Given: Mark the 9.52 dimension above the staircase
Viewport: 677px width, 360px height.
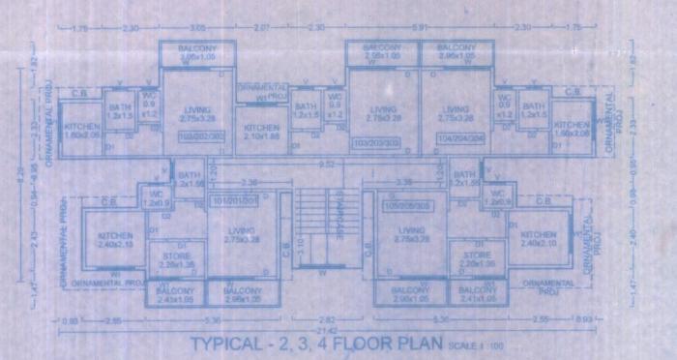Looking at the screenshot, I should tap(327, 165).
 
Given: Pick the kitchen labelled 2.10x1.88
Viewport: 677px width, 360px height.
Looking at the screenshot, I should tap(261, 133).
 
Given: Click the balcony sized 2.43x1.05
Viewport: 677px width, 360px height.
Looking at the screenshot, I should tap(175, 295).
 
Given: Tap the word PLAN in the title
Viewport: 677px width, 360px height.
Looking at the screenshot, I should tap(418, 345).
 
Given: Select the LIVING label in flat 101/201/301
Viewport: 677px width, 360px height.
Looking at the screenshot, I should tap(242, 229).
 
